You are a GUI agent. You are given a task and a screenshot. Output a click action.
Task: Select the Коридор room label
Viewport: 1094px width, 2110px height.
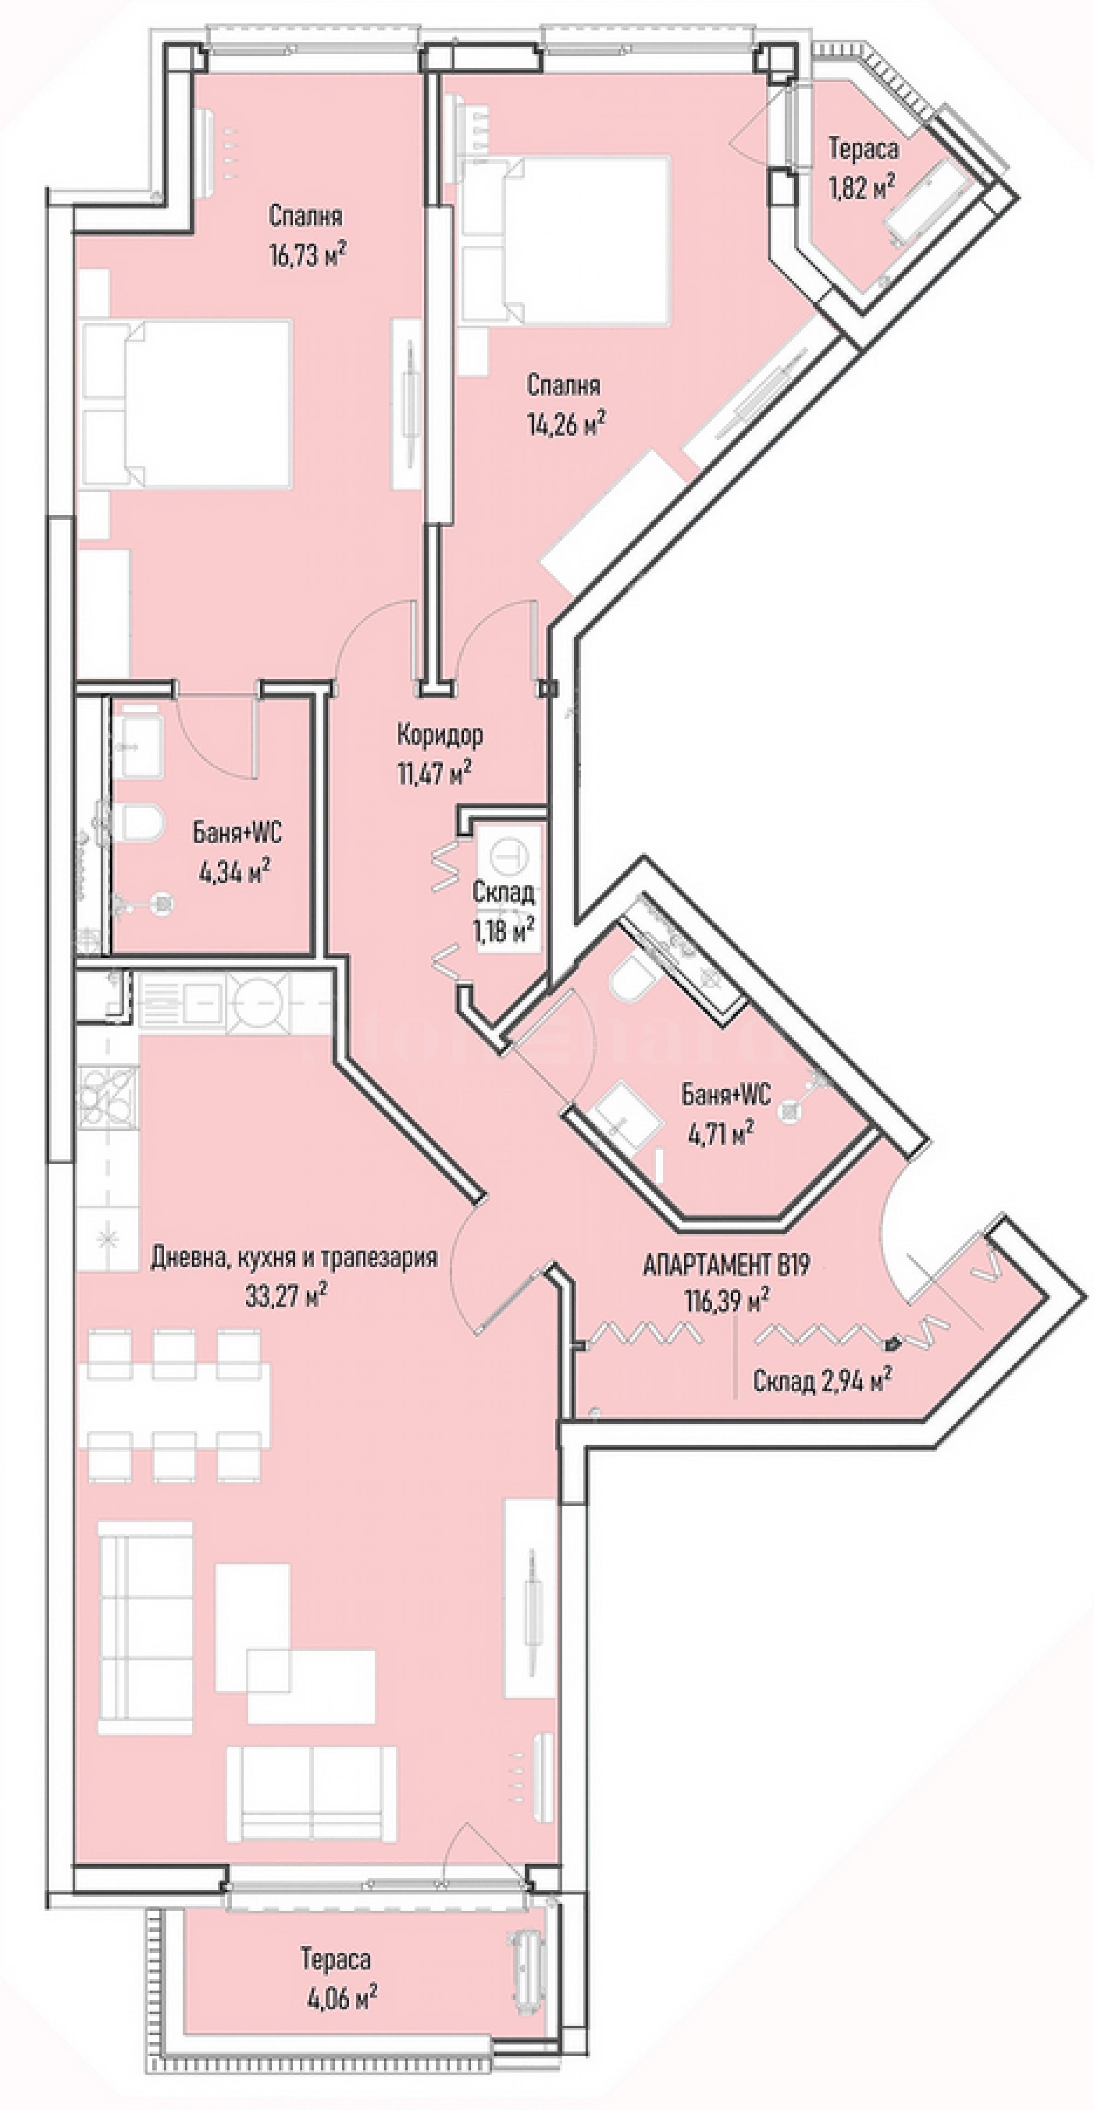[439, 735]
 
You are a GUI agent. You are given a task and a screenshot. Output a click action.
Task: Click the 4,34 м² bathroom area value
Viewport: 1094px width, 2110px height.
[234, 872]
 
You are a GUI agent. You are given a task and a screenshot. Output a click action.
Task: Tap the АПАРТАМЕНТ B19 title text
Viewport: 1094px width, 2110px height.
[726, 1265]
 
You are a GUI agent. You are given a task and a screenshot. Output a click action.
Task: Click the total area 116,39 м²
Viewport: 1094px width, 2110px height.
[726, 1300]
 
